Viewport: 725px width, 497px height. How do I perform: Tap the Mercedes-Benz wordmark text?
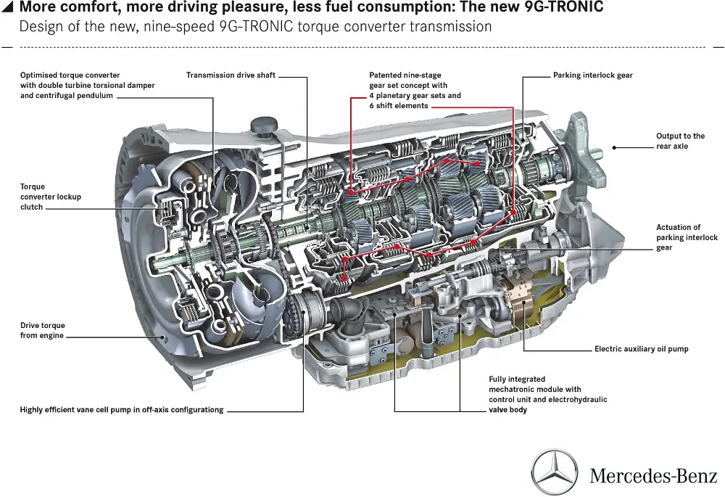pyautogui.click(x=652, y=477)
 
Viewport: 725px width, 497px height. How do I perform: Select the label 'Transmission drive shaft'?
pyautogui.click(x=231, y=75)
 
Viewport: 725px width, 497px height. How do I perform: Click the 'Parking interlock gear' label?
pyautogui.click(x=592, y=75)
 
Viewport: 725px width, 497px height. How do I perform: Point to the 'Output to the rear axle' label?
pyautogui.click(x=680, y=141)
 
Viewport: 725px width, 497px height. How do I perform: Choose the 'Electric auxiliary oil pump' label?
pyautogui.click(x=641, y=349)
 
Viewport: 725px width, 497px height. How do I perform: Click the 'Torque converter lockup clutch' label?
pyautogui.click(x=51, y=197)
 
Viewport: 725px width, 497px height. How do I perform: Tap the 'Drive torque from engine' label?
pyautogui.click(x=42, y=331)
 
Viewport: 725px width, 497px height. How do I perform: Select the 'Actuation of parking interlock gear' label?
pyautogui.click(x=687, y=237)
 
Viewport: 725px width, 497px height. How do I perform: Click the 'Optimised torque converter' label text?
pyautogui.click(x=87, y=85)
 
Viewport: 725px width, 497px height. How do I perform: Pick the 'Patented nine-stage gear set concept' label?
pyautogui.click(x=415, y=90)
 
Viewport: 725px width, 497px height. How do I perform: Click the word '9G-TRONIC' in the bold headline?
pyautogui.click(x=563, y=9)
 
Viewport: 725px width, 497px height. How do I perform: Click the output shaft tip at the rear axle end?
pyautogui.click(x=600, y=152)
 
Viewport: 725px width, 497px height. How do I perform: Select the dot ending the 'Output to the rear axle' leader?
pyautogui.click(x=614, y=147)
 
